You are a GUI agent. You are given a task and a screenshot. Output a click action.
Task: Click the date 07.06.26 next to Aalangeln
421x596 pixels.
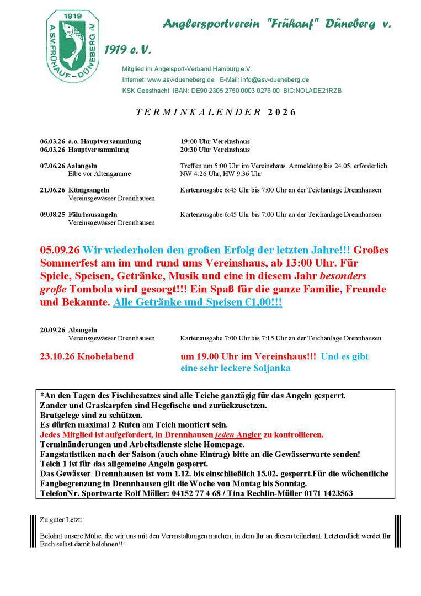[x=52, y=166]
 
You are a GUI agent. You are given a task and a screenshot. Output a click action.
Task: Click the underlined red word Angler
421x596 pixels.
[x=247, y=435]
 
